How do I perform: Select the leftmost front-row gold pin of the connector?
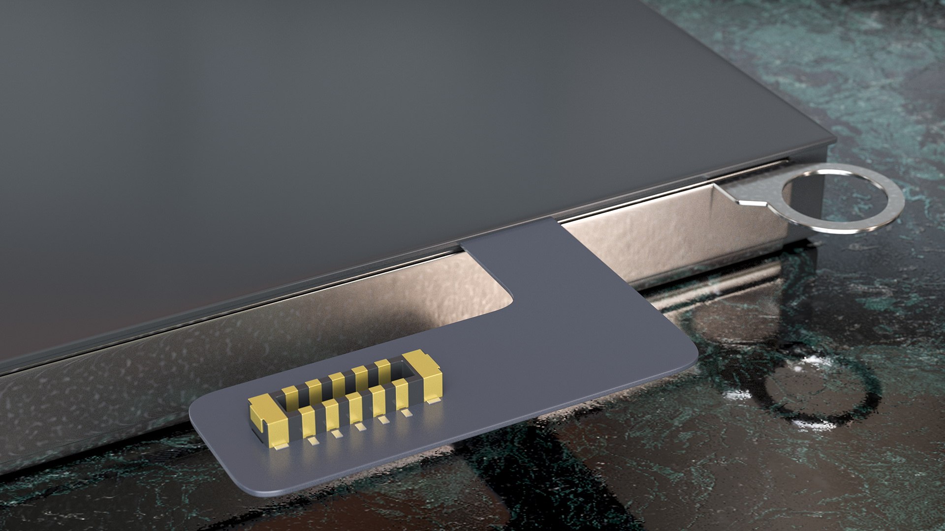click(308, 420)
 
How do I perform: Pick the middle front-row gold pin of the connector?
click(354, 406)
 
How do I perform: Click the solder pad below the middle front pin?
click(361, 427)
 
